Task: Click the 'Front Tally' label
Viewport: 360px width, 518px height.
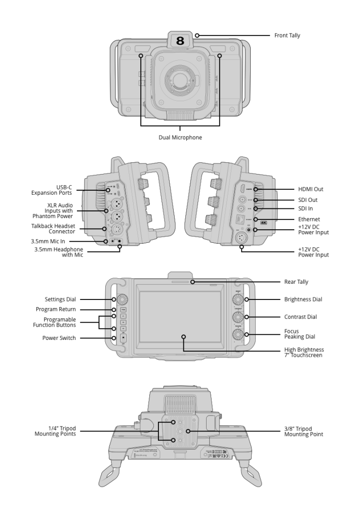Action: pos(287,36)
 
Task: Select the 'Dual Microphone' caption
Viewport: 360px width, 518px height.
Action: pos(180,138)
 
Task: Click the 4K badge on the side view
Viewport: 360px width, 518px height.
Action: pos(263,222)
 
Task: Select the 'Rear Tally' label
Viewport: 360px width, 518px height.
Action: pos(296,282)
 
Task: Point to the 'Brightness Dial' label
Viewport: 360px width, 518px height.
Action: pos(303,299)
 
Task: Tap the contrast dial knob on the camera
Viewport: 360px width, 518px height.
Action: pos(237,317)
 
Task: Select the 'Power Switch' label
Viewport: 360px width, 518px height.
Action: pos(59,338)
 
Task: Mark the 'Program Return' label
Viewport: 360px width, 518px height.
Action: pos(56,309)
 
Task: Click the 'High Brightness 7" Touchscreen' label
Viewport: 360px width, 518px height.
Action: pos(304,353)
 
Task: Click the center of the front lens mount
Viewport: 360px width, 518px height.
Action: pos(180,79)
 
